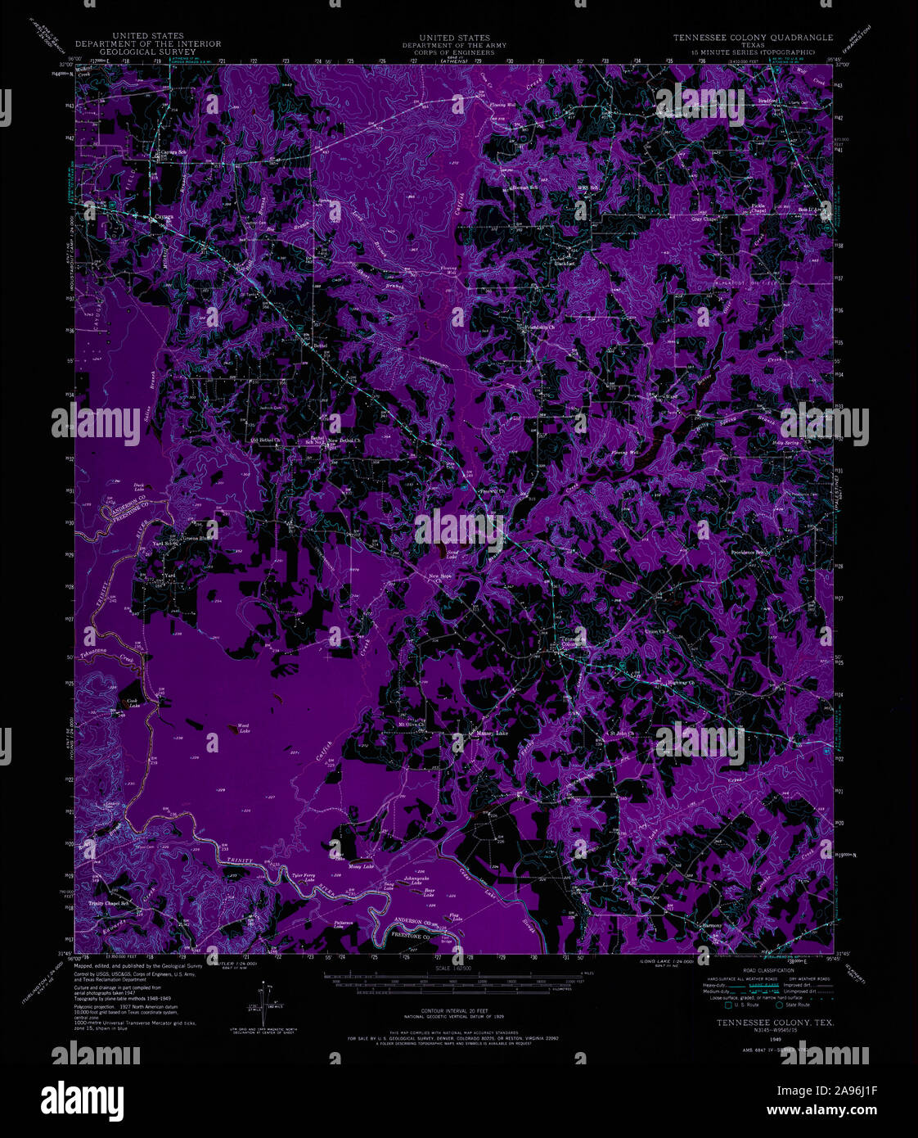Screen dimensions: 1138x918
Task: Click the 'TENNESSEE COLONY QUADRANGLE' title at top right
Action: tap(753, 38)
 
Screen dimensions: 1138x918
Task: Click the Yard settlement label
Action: tap(170, 576)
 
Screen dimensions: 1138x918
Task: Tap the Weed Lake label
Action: tap(243, 727)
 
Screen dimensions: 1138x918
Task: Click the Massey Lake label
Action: tap(493, 733)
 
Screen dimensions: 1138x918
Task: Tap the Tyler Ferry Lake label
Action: tap(304, 878)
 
